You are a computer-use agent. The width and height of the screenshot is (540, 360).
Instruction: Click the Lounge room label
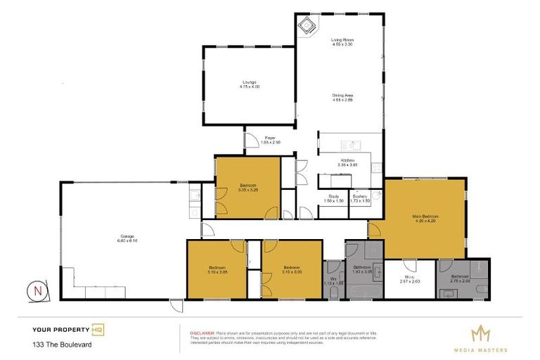point(249,83)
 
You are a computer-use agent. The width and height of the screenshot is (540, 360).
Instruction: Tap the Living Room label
point(342,40)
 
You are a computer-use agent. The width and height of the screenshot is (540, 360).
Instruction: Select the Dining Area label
point(342,96)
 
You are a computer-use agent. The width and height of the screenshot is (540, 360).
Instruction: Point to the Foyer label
point(270,139)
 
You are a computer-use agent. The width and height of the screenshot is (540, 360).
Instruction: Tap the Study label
point(334,196)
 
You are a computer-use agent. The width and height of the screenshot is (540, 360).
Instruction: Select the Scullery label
point(359,196)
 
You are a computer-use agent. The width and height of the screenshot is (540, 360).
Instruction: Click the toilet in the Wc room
point(333,292)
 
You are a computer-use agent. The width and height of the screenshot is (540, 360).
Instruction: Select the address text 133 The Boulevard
point(61,345)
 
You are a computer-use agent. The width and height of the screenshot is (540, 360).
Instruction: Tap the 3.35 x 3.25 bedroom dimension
point(248,189)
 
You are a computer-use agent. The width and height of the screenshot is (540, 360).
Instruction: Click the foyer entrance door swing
point(250,140)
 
